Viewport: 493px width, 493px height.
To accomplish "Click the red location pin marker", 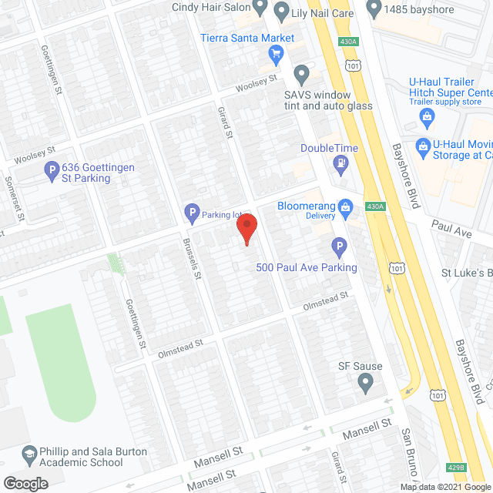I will (x=246, y=229).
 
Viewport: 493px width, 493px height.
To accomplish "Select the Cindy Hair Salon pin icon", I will (x=260, y=8).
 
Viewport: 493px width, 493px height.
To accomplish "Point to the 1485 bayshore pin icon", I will (x=374, y=8).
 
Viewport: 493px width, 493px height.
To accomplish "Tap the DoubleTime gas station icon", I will (x=339, y=163).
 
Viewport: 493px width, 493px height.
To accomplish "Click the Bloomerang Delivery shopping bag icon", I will (x=347, y=206).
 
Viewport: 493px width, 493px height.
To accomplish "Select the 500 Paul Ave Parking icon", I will (x=338, y=247).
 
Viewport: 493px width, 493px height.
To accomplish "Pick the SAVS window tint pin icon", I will (x=302, y=75).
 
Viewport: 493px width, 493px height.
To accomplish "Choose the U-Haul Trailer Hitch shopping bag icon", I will (x=425, y=116).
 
